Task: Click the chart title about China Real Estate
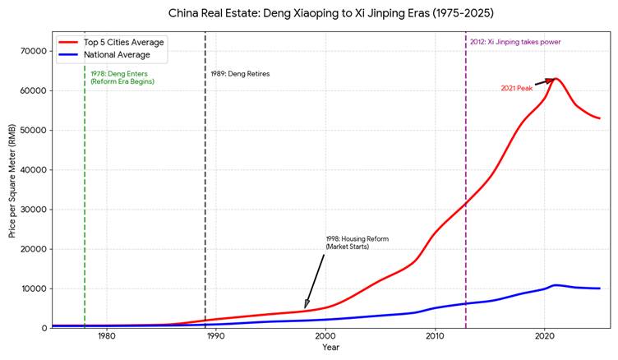(331, 14)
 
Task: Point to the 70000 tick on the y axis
(33, 51)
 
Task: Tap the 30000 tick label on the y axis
(33, 210)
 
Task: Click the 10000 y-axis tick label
(33, 288)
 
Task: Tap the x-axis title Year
(331, 348)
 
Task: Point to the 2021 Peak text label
(517, 88)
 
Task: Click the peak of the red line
(556, 79)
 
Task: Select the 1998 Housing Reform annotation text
(357, 242)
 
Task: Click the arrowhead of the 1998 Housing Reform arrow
(306, 307)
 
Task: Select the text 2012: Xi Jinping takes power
(515, 42)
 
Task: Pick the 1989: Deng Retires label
(240, 74)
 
